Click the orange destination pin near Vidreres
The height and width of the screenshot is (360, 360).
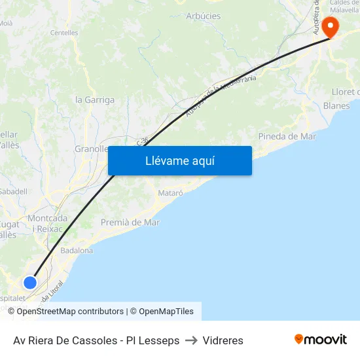330,27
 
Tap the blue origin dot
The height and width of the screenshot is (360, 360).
30,283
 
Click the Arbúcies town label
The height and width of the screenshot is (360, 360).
204,16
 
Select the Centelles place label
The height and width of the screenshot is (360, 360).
64,33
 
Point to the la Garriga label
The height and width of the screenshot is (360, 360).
95,100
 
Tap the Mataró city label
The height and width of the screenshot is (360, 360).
170,193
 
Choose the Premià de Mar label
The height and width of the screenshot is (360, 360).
130,223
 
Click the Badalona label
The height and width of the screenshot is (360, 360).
77,251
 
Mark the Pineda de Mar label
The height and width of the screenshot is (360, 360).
287,136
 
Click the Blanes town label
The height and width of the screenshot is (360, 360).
337,105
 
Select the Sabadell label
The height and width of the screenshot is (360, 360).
12,192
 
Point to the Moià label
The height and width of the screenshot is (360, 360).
5,23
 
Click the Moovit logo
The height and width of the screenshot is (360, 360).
320,340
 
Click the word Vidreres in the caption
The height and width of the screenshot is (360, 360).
223,340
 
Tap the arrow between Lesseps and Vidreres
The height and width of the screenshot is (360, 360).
191,340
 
